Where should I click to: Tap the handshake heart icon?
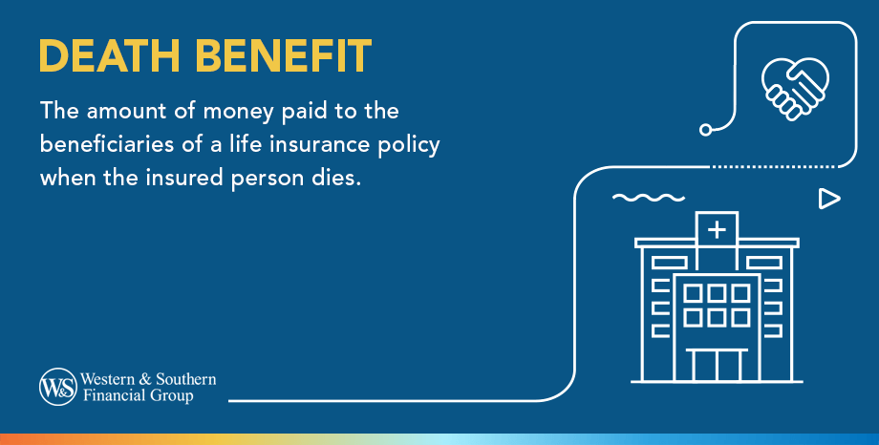pyautogui.click(x=794, y=85)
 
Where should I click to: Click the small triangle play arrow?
pyautogui.click(x=828, y=199)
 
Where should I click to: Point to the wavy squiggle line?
pyautogui.click(x=649, y=199)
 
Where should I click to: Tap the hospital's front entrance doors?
pyautogui.click(x=716, y=365)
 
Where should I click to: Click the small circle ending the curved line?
pyautogui.click(x=706, y=129)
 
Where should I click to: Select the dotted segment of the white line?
pyautogui.click(x=778, y=167)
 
